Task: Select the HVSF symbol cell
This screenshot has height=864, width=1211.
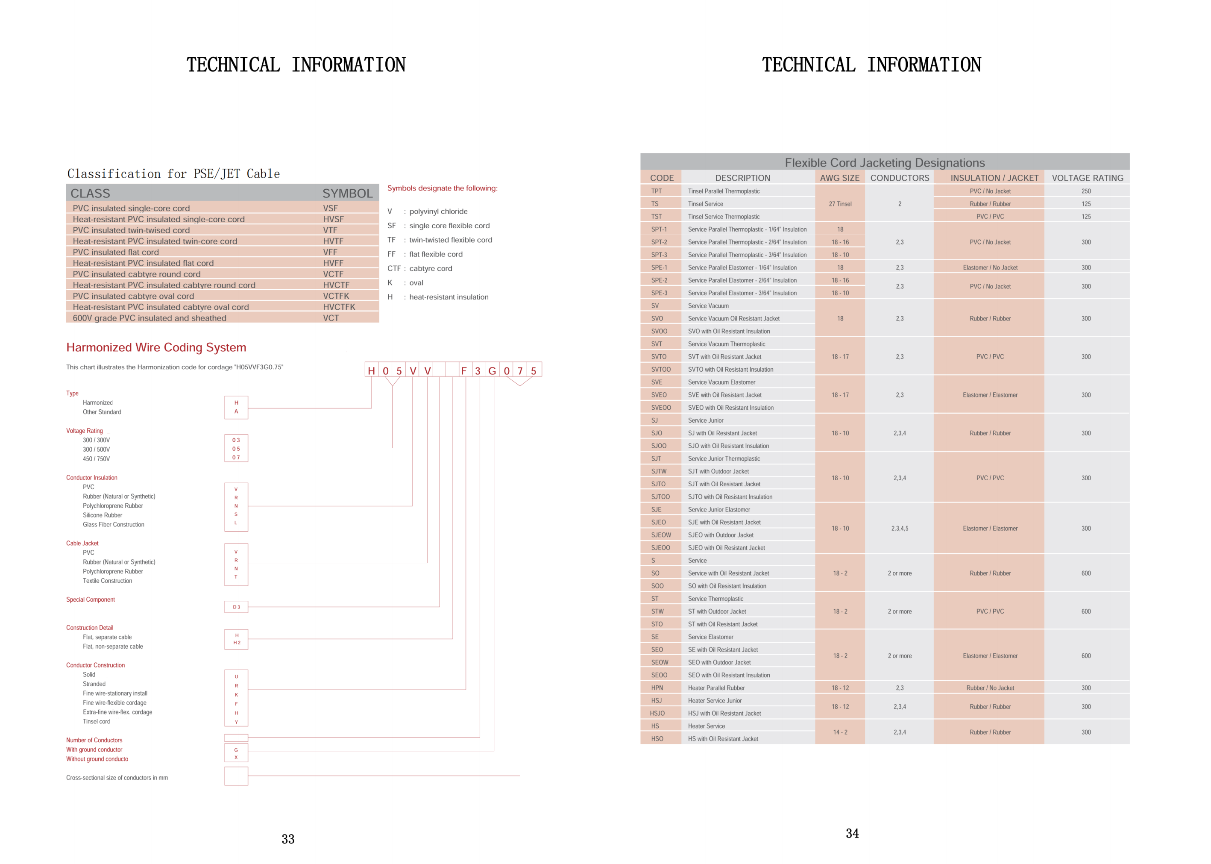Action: (334, 219)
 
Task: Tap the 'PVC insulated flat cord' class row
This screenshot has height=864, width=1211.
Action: (116, 252)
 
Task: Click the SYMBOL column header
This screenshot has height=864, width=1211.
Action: (347, 193)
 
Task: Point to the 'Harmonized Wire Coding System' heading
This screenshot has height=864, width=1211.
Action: (156, 347)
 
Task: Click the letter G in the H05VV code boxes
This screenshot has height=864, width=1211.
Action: (492, 371)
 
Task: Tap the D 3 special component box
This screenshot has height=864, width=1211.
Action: (236, 607)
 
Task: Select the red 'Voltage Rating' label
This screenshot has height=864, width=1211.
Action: (85, 431)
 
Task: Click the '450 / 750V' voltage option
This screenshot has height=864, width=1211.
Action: (96, 458)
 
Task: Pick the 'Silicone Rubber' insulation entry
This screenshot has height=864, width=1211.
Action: (103, 515)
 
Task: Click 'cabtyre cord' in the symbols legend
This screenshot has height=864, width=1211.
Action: (431, 269)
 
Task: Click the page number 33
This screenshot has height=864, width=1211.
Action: (288, 839)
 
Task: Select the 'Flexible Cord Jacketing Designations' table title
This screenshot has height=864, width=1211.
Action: (885, 163)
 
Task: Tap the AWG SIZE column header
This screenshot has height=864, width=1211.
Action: (839, 178)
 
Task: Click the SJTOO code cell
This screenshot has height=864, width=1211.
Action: (660, 497)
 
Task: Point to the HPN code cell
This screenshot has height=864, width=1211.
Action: (657, 688)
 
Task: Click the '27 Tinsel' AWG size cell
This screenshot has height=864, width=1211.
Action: (840, 204)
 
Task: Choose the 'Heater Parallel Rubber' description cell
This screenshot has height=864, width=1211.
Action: (716, 688)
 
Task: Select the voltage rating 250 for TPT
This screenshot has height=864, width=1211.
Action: (1086, 191)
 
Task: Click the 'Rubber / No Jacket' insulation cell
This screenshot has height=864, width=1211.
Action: (990, 688)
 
